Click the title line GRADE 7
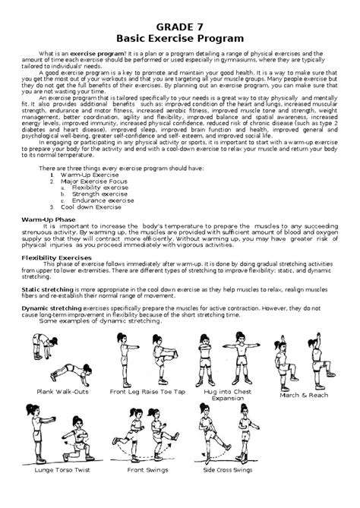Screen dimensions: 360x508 179,23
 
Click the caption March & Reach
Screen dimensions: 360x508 304,396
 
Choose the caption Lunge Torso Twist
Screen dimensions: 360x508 59,491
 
